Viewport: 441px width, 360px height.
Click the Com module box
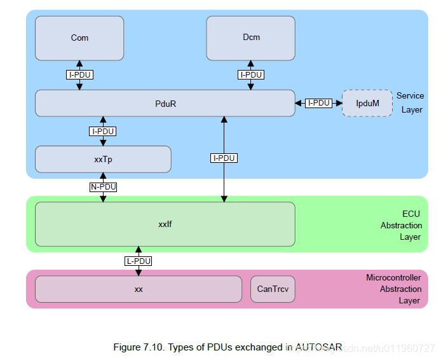79,38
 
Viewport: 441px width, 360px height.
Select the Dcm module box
250,38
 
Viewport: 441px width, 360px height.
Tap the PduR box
165,103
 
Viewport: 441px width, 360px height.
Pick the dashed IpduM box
367,103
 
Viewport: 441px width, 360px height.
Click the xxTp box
103,159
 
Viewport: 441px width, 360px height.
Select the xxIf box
165,225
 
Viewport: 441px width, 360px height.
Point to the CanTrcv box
273,289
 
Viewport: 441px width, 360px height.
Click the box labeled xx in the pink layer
139,289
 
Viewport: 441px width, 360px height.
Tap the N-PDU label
103,187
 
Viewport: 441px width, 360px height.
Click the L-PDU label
139,261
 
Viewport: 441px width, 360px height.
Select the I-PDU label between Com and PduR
79,75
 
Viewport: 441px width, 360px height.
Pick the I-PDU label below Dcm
251,75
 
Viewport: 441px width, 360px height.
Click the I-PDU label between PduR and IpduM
318,103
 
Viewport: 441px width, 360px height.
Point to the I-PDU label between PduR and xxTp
103,132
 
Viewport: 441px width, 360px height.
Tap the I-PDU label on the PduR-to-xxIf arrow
224,158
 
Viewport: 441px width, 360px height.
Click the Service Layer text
410,103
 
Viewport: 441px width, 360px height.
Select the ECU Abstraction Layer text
402,225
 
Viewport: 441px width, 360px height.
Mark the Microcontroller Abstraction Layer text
393,289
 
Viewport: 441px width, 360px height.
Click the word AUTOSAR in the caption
318,347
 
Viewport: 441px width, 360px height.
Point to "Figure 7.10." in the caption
139,347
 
